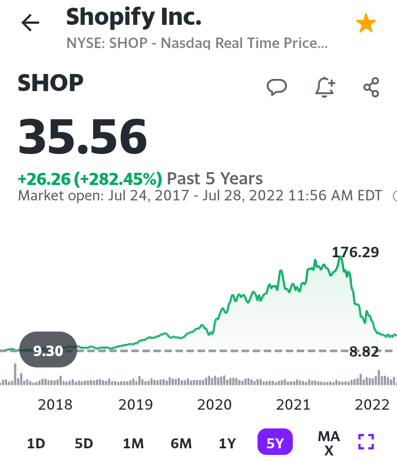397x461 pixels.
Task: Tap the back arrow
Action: coord(30,23)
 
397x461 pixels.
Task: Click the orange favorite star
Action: coord(366,23)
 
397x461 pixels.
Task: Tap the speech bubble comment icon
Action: coord(277,87)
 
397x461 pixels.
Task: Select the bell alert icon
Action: coord(325,87)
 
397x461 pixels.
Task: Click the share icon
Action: coord(372,87)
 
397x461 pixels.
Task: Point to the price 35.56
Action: coord(83,136)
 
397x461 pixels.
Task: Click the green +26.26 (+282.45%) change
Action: coord(90,179)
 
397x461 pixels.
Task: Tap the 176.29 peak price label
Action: coord(355,252)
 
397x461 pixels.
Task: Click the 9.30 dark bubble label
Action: coord(48,349)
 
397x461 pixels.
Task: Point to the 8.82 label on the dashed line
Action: coord(364,352)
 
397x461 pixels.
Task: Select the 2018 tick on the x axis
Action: coord(55,405)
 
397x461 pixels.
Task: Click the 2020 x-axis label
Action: coord(214,405)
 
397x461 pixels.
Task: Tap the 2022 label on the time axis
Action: coord(372,405)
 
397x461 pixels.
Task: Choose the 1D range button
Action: coord(36,443)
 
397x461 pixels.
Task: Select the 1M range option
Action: coord(133,443)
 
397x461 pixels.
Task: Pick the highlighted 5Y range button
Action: coord(275,442)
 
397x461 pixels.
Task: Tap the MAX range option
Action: coord(329,443)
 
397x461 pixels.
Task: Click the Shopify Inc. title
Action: coord(133,18)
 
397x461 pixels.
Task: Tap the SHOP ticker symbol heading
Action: coord(51,83)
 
